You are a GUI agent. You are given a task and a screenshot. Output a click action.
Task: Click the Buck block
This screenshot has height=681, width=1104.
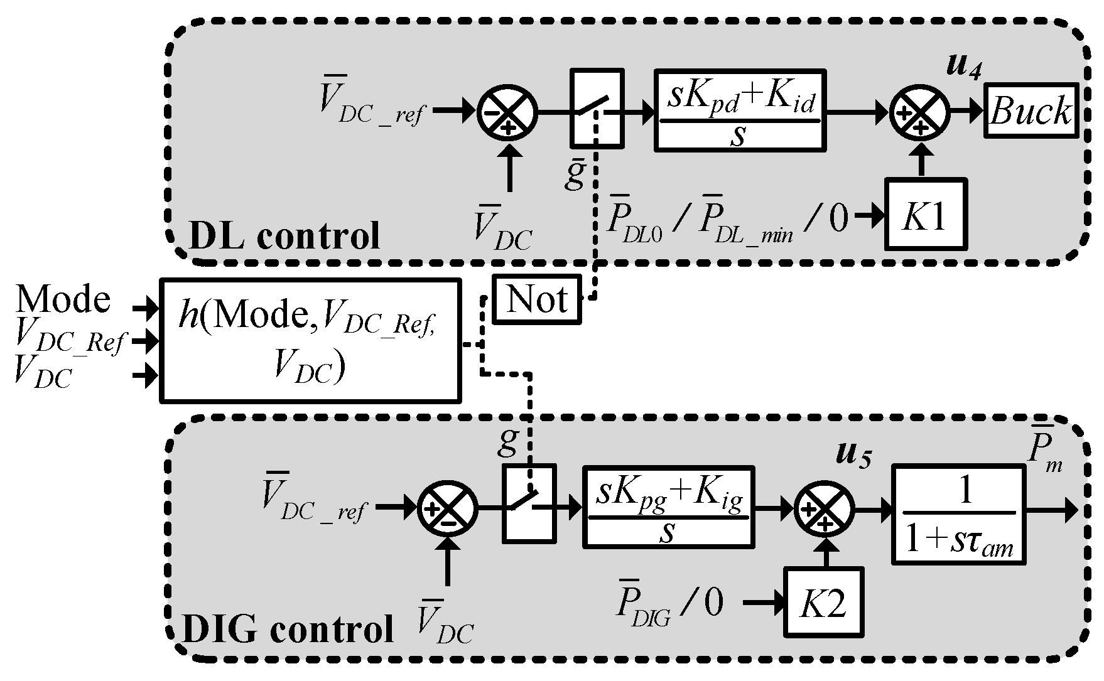1031,110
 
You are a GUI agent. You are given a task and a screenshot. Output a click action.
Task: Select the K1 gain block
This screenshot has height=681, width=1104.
925,215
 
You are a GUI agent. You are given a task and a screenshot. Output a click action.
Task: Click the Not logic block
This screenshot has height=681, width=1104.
537,299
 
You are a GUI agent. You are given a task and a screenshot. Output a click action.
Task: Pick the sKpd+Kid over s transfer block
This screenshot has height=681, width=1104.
740,110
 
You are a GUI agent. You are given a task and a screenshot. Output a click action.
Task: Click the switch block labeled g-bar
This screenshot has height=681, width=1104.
597,109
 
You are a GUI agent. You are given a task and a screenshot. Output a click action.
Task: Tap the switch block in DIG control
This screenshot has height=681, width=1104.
529,503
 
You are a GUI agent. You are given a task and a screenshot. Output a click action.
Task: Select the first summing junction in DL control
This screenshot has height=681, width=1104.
507,113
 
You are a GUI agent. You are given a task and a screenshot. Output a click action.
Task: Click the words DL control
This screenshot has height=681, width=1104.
284,235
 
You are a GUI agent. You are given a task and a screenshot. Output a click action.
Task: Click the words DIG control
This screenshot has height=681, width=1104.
287,629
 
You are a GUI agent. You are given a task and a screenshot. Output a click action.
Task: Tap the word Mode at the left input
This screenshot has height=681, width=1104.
63,299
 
